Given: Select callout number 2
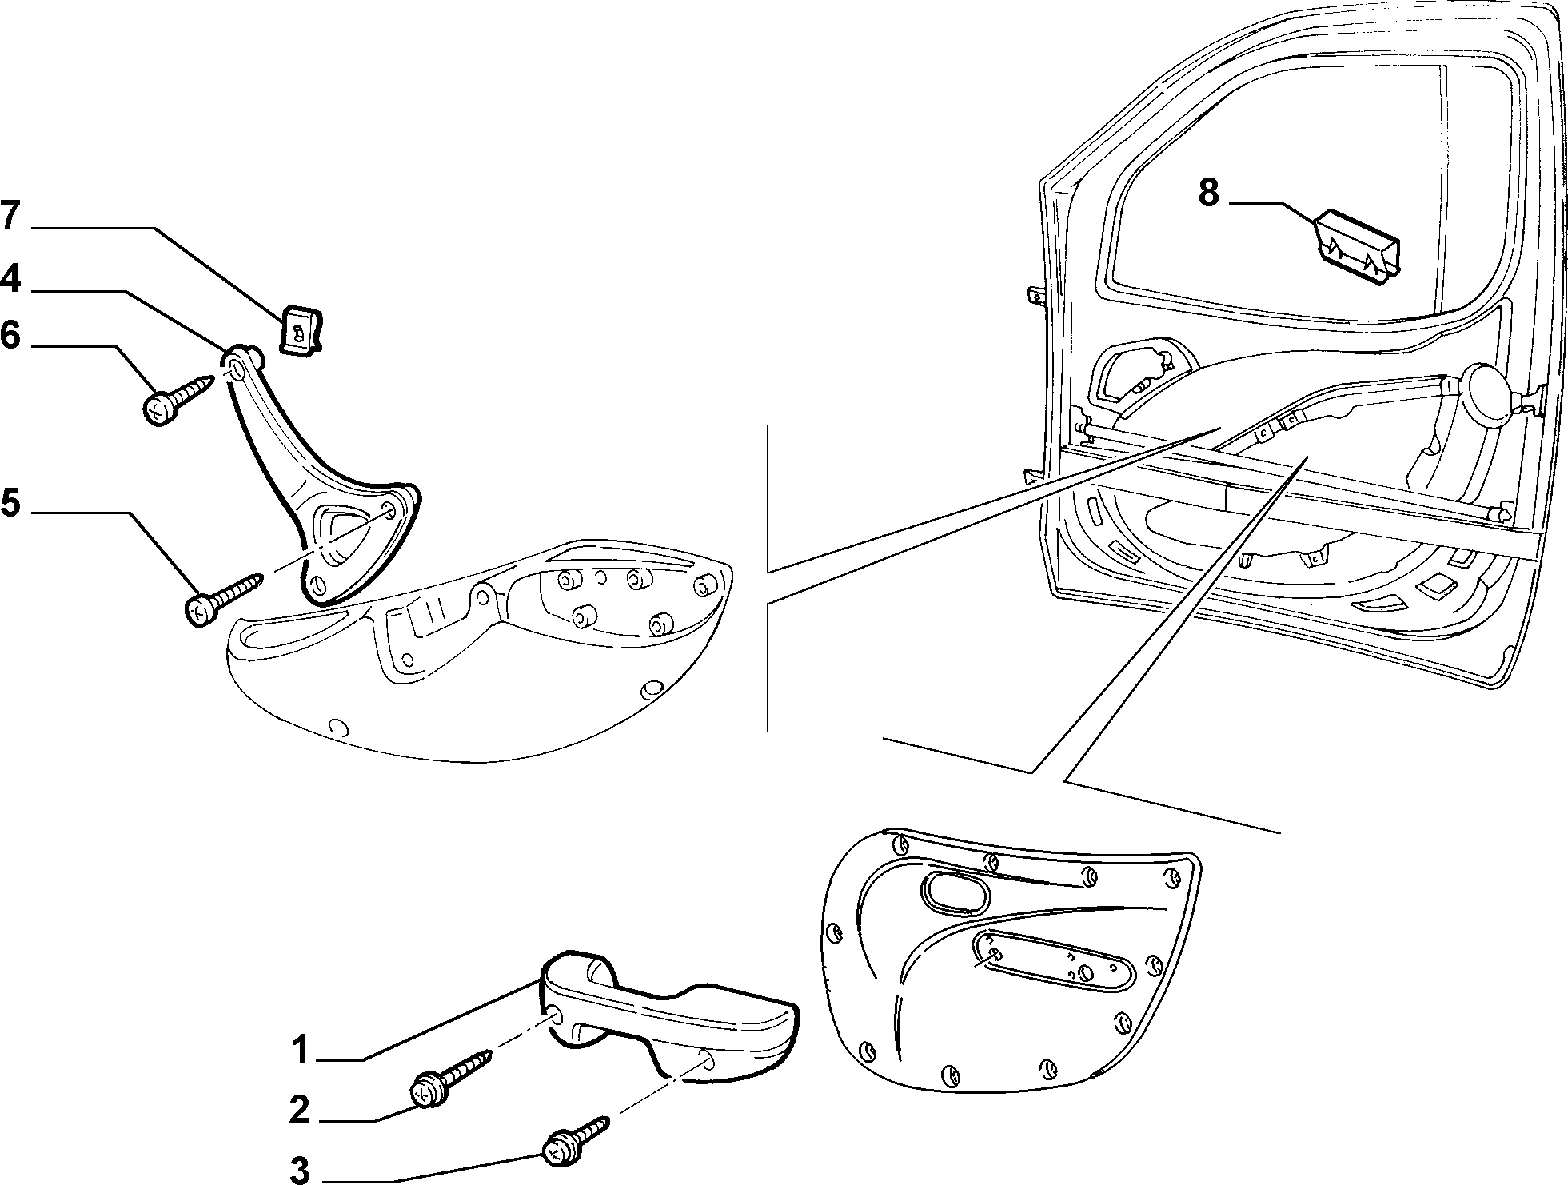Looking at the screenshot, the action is (x=299, y=1111).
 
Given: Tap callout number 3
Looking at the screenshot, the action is (x=299, y=1170).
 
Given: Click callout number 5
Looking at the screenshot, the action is (x=10, y=503).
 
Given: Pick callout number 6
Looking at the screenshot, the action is (x=10, y=335).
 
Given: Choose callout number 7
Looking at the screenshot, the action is (x=10, y=216).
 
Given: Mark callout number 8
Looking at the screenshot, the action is (x=1208, y=194).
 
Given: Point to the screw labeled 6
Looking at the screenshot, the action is (x=179, y=398).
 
